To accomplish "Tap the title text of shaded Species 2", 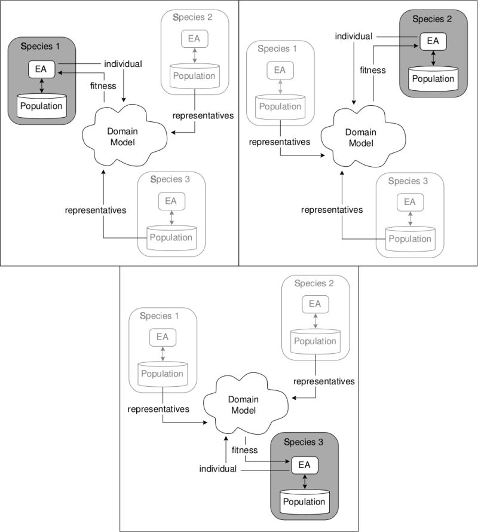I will pos(432,19).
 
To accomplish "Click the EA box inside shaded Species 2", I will pos(432,41).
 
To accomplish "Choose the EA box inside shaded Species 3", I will pos(305,464).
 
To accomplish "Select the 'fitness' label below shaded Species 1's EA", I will pos(103,85).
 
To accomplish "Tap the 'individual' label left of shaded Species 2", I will pos(353,36).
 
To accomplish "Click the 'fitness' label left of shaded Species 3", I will pos(244,450).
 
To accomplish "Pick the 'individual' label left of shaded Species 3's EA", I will pos(218,470).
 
